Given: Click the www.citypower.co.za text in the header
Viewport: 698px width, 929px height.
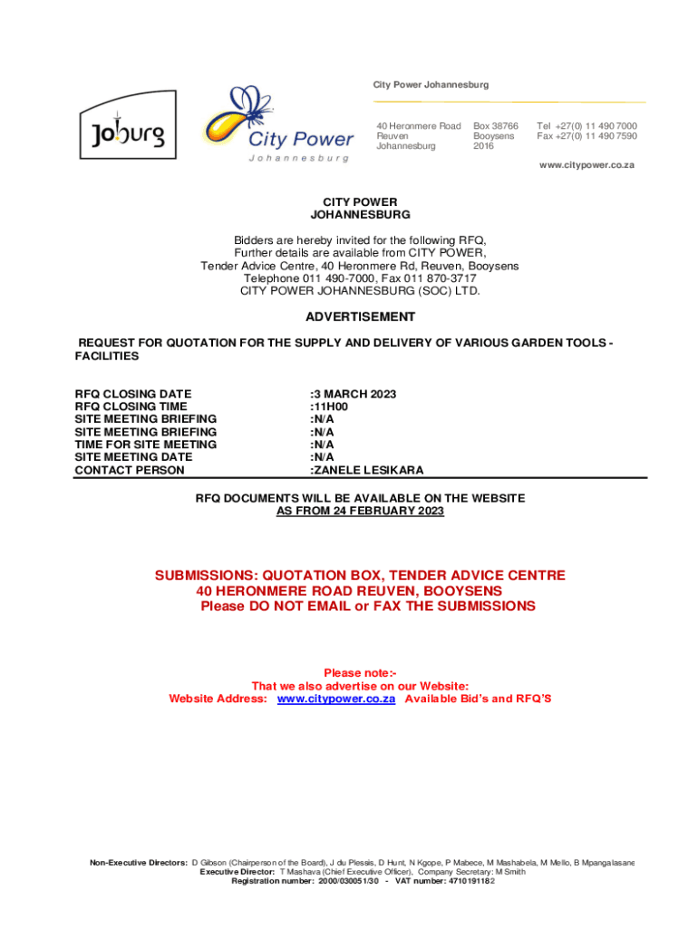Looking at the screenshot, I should click(587, 165).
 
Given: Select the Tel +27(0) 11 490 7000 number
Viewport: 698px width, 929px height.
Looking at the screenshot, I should click(587, 126).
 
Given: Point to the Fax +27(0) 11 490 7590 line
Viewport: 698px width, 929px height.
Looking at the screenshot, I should click(587, 136).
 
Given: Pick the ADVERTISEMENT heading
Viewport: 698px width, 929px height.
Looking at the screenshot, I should click(360, 317).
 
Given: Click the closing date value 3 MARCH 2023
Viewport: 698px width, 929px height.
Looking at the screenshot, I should click(354, 394).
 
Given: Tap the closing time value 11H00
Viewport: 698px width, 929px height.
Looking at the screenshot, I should click(330, 406).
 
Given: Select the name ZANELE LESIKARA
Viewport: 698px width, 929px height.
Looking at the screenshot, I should click(368, 470).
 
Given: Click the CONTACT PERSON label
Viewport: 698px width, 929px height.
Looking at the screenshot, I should click(129, 470).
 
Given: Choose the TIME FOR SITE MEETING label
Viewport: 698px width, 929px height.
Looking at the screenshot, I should click(145, 445).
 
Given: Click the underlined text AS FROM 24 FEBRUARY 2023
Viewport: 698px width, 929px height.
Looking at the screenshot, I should click(360, 512).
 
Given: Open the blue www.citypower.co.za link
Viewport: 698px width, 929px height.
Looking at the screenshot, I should click(335, 699).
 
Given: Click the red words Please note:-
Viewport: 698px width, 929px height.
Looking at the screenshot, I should click(360, 673).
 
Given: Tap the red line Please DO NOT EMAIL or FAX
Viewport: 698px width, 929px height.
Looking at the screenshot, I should click(367, 606).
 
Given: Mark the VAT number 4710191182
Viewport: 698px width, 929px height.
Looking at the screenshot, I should click(458, 881).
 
